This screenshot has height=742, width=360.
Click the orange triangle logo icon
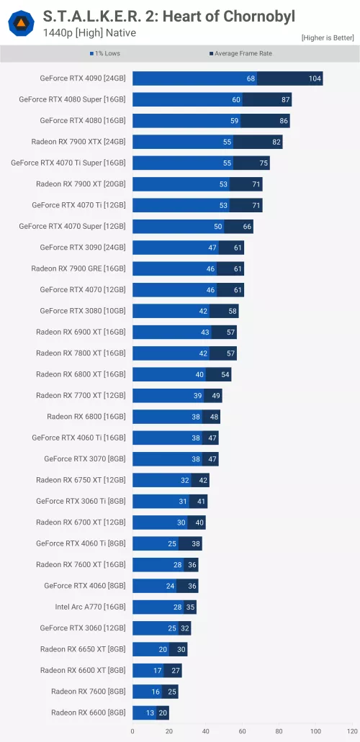coord(21,24)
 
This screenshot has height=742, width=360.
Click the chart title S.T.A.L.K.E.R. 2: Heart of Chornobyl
coord(168,16)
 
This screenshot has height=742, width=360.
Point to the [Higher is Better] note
coord(327,37)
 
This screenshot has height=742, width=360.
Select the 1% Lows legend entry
coord(106,53)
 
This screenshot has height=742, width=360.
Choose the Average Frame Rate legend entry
coord(240,53)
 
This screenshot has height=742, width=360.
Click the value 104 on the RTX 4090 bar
coord(315,78)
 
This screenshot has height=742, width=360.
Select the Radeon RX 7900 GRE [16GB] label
coord(78,268)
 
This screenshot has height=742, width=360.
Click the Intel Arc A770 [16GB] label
coord(90,607)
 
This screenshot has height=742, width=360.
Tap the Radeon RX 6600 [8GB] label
coord(88,712)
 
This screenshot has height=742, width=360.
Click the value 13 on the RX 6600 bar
coord(150,712)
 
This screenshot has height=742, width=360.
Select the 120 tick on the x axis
coord(352,731)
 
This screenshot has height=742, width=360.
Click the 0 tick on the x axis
coord(132,731)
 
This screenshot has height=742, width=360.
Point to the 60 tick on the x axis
coord(243,731)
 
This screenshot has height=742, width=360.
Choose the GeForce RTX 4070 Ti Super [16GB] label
coord(68,163)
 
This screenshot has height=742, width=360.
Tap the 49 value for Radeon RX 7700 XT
coord(214,395)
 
